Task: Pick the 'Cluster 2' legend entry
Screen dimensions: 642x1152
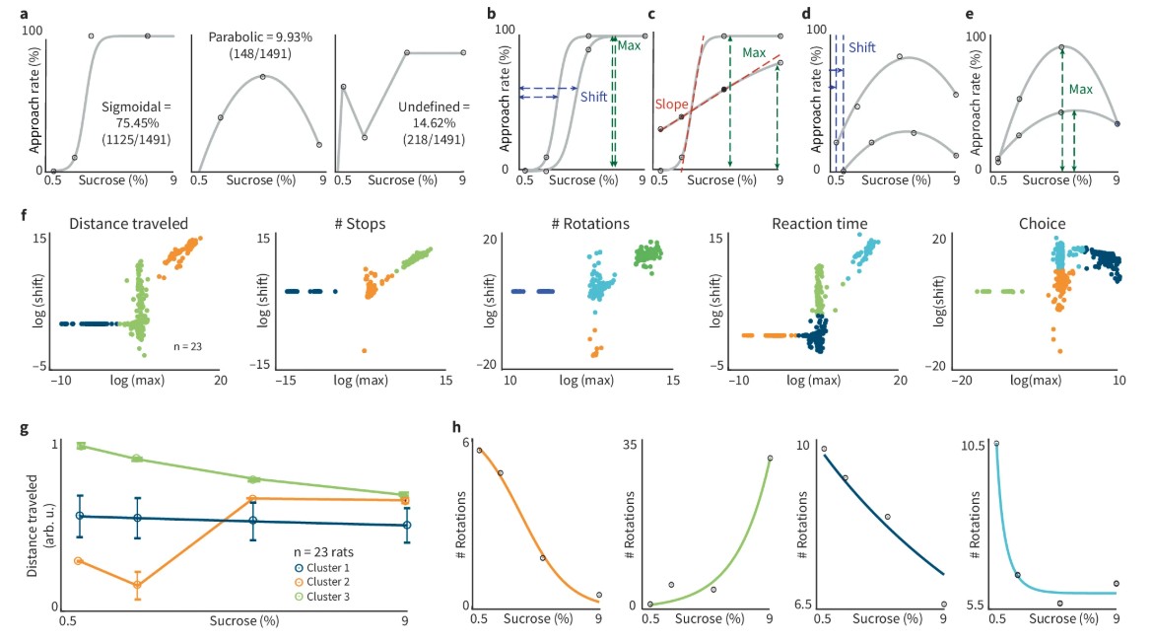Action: tap(328, 583)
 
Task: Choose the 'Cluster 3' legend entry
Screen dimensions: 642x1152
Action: tap(328, 597)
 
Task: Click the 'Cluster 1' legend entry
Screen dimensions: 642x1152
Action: tap(328, 569)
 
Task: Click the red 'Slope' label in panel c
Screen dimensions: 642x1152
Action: tap(672, 102)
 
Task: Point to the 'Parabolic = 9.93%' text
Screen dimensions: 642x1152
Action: tap(260, 36)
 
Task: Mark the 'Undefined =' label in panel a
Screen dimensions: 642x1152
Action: tap(434, 107)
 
